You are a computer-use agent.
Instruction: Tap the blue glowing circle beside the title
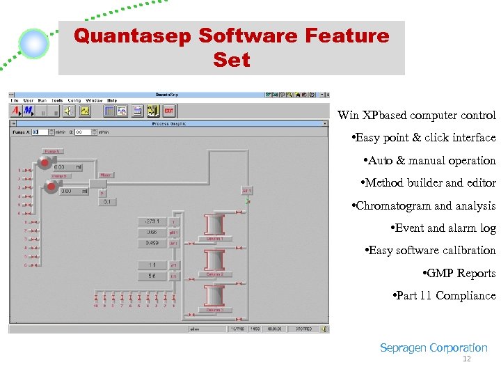[x=33, y=44]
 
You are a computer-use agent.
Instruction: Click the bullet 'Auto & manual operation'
[x=431, y=161]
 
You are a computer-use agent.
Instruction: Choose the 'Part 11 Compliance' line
[x=445, y=296]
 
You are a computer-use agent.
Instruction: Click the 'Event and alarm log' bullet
[x=444, y=228]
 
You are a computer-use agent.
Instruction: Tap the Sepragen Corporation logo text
[x=434, y=348]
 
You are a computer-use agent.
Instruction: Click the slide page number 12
[x=467, y=359]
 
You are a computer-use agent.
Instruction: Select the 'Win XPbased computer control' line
[x=417, y=116]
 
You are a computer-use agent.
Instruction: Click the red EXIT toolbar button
[x=168, y=111]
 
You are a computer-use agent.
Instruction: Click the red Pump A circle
[x=45, y=163]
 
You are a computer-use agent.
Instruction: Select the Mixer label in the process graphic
[x=106, y=175]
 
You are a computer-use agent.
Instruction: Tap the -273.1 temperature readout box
[x=152, y=222]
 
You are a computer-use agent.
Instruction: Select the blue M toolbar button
[x=28, y=111]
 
